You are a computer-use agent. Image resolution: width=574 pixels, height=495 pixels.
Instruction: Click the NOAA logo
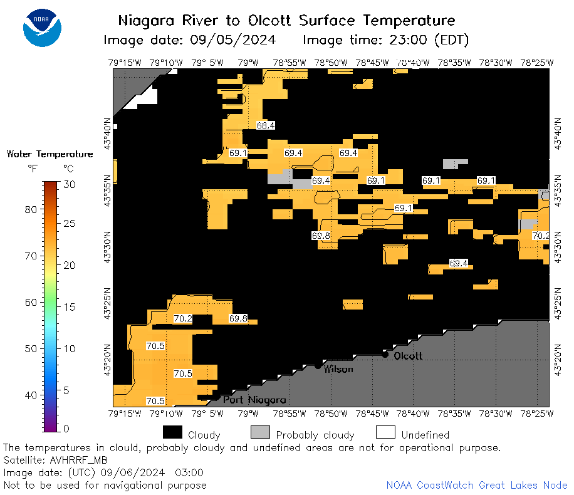[x=42, y=28]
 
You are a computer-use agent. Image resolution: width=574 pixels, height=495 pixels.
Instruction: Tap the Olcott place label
[x=408, y=356]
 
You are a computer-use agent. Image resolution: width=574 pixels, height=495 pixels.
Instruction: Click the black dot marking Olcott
[x=385, y=355]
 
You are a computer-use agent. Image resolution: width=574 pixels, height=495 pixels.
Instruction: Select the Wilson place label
[x=338, y=369]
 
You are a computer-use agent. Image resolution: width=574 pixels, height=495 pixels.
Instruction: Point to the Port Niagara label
[x=254, y=400]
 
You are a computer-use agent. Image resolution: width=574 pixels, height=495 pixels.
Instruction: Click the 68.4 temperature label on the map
[x=266, y=125]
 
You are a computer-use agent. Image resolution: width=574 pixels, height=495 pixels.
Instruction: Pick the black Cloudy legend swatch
[x=172, y=432]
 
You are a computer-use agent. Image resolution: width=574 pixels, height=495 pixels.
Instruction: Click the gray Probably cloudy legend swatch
[x=260, y=432]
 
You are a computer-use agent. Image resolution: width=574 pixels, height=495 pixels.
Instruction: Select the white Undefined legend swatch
[x=385, y=432]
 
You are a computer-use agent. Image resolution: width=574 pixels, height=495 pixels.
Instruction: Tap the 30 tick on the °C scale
[x=70, y=184]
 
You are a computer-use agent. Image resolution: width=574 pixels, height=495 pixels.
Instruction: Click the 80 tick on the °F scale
[x=31, y=209]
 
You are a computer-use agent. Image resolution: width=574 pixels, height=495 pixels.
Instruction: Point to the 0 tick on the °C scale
[x=66, y=429]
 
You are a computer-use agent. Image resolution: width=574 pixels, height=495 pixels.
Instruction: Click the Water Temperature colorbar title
[x=50, y=154]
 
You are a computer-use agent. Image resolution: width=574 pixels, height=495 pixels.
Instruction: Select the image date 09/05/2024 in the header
[x=233, y=39]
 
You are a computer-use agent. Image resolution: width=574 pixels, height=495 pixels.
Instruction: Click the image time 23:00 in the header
[x=408, y=39]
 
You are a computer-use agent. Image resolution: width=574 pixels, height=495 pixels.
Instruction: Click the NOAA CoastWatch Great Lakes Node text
[x=477, y=485]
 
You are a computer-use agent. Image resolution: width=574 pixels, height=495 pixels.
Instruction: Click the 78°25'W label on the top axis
[x=537, y=63]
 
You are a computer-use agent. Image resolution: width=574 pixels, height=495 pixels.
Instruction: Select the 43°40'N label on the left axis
[x=107, y=133]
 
